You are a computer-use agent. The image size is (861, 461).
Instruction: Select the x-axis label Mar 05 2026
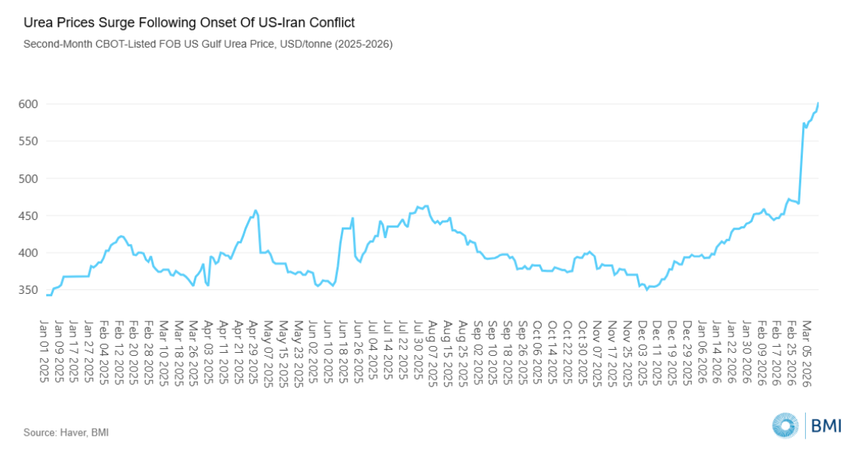click(806, 351)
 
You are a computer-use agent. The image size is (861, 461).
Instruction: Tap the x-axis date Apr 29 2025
click(254, 351)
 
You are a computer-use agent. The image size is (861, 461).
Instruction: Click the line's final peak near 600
click(818, 103)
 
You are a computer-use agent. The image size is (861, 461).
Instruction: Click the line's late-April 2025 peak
click(256, 210)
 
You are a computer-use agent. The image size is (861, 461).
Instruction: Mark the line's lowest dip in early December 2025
click(647, 289)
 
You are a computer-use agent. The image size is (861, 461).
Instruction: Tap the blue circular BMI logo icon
click(785, 425)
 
